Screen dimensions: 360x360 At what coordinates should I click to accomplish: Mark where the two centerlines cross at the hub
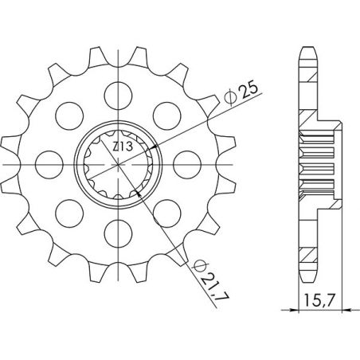point(119,164)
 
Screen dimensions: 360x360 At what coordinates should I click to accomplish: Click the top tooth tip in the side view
point(305,49)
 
